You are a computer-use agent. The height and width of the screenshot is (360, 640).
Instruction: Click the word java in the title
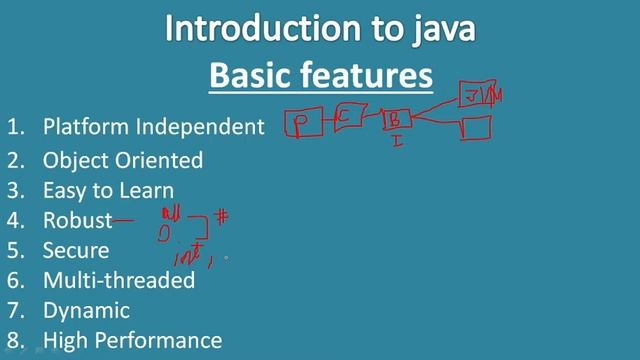click(437, 30)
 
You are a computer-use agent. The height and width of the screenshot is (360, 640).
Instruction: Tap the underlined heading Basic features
click(320, 75)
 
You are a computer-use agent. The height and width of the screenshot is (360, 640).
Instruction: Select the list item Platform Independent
click(153, 127)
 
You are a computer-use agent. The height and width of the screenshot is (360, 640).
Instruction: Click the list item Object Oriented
click(123, 159)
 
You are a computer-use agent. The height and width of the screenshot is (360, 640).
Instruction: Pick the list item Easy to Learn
click(108, 190)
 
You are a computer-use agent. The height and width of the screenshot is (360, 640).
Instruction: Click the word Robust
click(77, 220)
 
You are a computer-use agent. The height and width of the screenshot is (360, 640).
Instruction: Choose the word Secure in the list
click(76, 250)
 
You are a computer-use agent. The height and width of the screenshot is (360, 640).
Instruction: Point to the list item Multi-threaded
click(119, 280)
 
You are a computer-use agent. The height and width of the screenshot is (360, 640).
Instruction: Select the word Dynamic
click(86, 311)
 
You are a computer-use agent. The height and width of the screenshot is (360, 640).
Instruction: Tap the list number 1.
click(14, 127)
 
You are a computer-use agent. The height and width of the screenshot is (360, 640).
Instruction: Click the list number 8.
click(14, 341)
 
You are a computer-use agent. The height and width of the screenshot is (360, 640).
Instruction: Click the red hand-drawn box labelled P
click(300, 124)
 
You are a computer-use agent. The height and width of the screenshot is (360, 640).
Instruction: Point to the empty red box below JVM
click(476, 128)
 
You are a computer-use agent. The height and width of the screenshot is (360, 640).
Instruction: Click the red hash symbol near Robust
click(223, 214)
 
